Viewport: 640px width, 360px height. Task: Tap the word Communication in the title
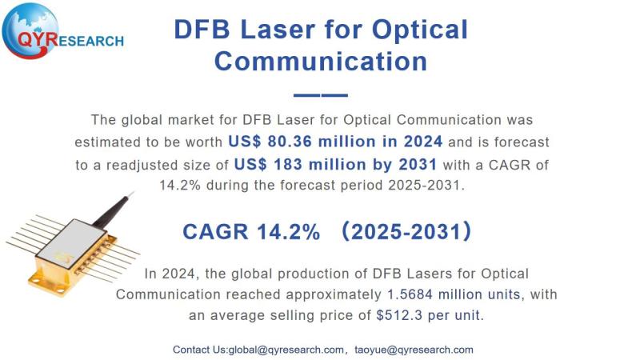pyautogui.click(x=321, y=62)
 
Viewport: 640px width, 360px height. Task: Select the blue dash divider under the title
pyautogui.click(x=321, y=95)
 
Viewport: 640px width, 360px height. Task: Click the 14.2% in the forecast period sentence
pyautogui.click(x=180, y=186)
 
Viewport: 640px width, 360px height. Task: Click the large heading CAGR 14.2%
pyautogui.click(x=251, y=232)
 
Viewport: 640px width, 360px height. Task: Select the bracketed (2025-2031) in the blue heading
pyautogui.click(x=406, y=231)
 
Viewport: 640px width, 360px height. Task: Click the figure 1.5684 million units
pyautogui.click(x=454, y=294)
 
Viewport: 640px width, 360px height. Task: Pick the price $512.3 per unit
pyautogui.click(x=428, y=315)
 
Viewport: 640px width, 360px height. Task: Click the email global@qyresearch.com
pyautogui.click(x=286, y=350)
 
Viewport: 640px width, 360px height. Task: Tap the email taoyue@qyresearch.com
pyautogui.click(x=414, y=350)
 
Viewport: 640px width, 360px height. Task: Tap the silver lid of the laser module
pyautogui.click(x=72, y=243)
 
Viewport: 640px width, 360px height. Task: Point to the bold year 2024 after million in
pyautogui.click(x=423, y=142)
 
